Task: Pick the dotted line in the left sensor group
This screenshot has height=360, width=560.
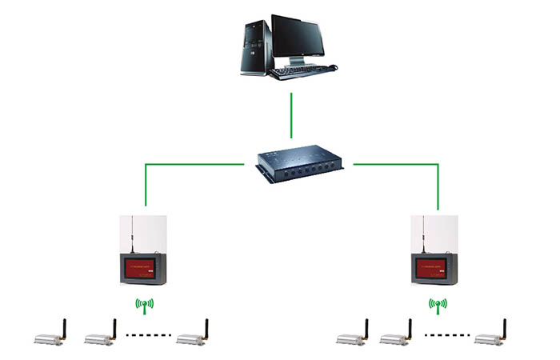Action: pos(146,334)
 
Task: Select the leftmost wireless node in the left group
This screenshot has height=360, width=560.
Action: pos(50,338)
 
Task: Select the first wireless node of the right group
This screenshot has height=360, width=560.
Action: pos(351,338)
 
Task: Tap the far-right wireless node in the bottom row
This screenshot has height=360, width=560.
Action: pos(490,338)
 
